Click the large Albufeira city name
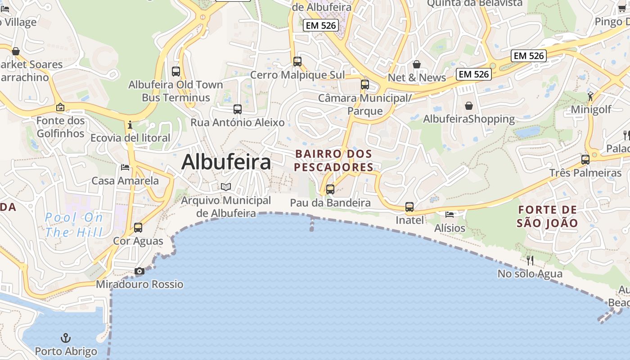226,162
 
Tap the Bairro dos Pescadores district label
334,161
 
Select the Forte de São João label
547,216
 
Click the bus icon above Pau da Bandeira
330,189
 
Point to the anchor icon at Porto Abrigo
66,338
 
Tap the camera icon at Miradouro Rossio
139,271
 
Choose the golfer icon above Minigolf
590,96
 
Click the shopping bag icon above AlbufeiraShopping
469,106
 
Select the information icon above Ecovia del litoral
130,125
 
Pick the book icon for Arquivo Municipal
226,187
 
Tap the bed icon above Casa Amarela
125,167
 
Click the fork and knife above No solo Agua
530,260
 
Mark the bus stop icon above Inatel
409,207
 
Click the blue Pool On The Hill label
74,225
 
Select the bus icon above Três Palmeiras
585,160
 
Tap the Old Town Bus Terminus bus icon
176,72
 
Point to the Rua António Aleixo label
238,122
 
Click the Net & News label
417,77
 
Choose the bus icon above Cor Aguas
138,228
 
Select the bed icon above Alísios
449,215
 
